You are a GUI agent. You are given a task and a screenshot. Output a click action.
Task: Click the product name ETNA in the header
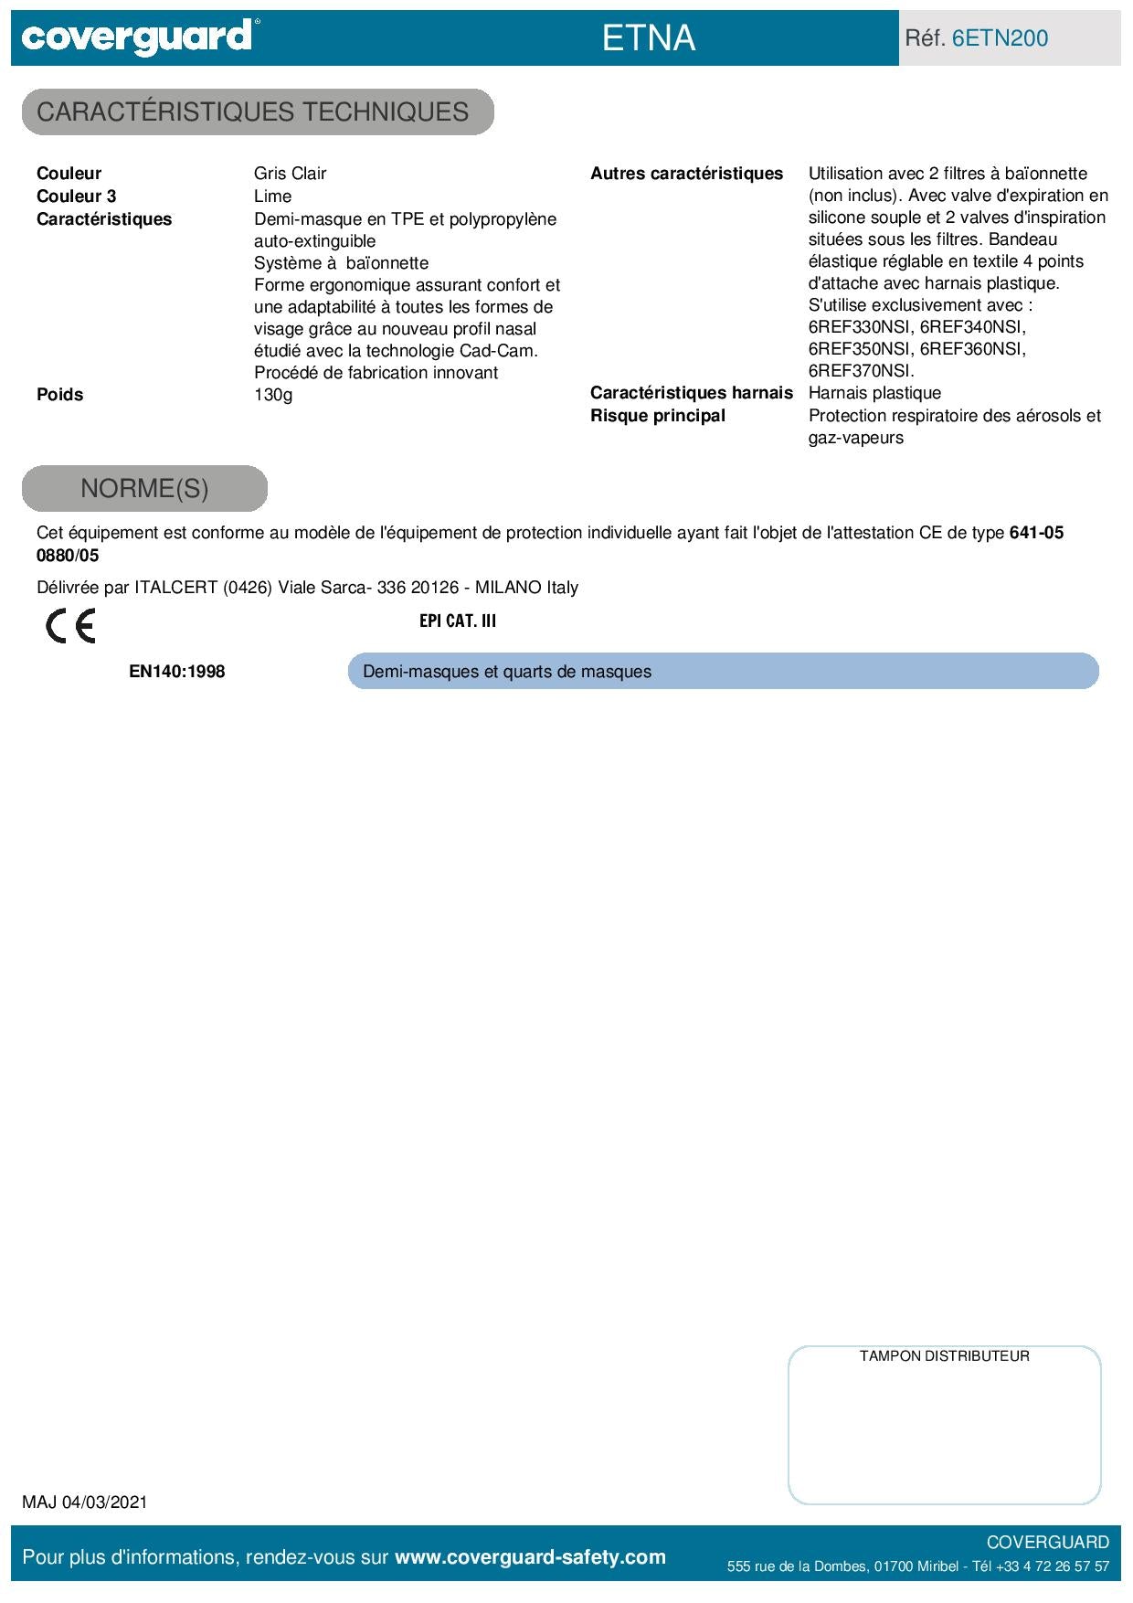649,38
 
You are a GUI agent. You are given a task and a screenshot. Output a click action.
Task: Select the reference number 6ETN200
1000,38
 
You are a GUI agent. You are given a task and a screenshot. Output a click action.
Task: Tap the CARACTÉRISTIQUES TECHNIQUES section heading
253,112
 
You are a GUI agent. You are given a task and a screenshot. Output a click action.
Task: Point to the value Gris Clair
290,174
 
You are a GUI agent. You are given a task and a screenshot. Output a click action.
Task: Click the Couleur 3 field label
77,196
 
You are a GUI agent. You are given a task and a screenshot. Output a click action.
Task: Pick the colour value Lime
272,196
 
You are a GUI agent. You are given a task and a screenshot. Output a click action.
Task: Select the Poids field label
59,395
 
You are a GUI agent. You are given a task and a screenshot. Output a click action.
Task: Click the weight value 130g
273,395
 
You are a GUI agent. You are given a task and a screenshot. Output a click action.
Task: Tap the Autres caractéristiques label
686,174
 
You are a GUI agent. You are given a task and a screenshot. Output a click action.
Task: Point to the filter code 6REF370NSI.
860,371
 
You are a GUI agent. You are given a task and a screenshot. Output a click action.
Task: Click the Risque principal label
657,416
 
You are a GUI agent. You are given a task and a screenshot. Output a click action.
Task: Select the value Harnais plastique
874,393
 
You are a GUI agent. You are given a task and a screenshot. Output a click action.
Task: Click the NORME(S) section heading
144,489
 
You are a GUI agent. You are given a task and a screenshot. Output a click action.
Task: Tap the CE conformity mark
70,626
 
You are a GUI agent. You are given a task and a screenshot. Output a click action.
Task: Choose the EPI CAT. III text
458,621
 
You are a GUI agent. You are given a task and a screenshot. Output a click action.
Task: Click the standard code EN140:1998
176,672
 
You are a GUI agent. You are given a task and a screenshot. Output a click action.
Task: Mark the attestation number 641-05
1036,533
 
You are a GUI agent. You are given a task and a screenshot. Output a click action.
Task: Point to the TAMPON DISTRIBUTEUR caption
944,1356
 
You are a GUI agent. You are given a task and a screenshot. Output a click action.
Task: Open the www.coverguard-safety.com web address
530,1557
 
